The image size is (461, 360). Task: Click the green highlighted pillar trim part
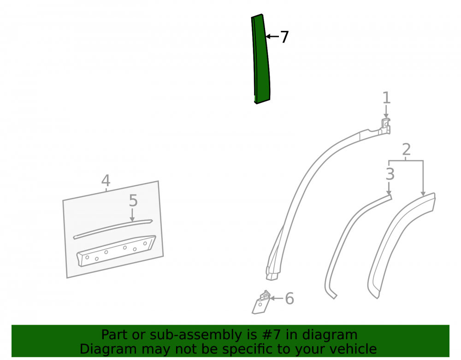click(261, 59)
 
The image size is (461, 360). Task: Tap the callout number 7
click(284, 37)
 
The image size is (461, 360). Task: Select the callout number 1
click(386, 98)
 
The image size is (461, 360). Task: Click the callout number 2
click(406, 150)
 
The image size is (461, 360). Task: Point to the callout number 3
click(390, 174)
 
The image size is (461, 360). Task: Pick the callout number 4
click(106, 180)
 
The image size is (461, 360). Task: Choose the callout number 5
click(133, 201)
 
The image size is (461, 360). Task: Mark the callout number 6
click(290, 299)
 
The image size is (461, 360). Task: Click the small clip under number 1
click(386, 125)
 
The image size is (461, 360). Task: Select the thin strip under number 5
click(113, 229)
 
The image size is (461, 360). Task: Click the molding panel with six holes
click(116, 251)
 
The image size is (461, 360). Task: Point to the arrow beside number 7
click(272, 36)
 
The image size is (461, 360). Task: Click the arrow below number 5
click(132, 215)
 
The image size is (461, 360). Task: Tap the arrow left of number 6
click(276, 298)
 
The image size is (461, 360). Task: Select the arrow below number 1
click(386, 112)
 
